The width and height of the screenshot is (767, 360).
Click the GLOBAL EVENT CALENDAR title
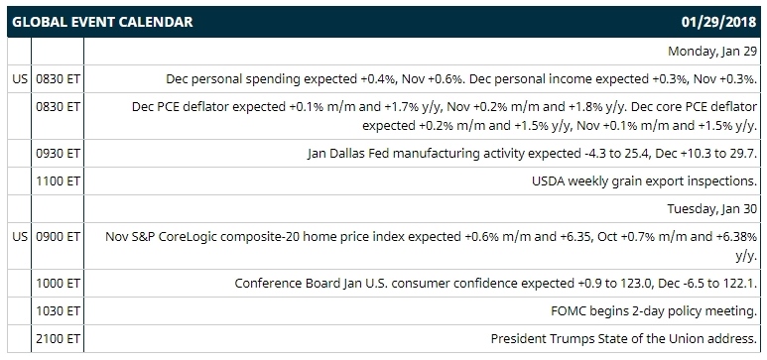[102, 22]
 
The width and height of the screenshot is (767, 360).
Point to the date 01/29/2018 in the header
[719, 22]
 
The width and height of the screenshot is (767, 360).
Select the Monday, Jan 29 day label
[712, 52]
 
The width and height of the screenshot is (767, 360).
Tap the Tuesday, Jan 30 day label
[712, 209]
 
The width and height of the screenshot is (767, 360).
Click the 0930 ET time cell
[58, 154]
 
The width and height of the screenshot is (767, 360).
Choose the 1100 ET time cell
[58, 180]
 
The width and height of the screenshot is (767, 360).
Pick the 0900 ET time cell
[58, 237]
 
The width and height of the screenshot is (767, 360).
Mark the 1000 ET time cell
[58, 284]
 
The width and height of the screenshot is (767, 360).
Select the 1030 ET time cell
[58, 310]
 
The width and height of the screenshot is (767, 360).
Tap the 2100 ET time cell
[58, 338]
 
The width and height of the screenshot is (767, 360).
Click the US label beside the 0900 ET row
[21, 237]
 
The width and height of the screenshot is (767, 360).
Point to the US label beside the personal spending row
[21, 78]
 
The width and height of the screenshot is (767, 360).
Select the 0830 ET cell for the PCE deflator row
[58, 107]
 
